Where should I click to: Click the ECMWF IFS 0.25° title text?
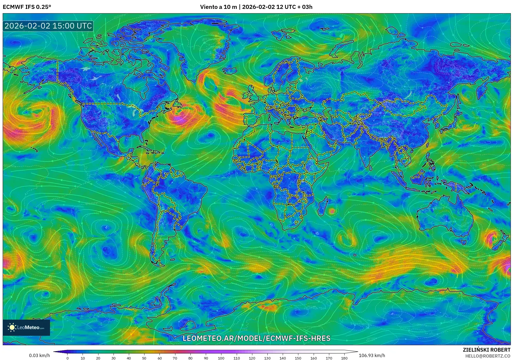click(27, 7)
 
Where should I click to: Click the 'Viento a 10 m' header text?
click(218, 7)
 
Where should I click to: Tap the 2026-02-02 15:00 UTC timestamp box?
click(48, 26)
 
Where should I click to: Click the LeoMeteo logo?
click(26, 327)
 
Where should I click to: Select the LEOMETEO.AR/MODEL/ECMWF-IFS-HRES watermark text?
click(256, 338)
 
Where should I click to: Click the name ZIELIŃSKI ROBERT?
click(486, 350)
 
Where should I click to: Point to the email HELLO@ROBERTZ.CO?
click(488, 356)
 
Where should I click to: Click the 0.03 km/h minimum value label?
click(40, 355)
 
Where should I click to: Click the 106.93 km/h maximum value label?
click(372, 355)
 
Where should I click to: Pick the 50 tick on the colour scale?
click(144, 358)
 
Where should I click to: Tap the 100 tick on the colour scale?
click(221, 358)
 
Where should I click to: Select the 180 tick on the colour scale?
click(344, 358)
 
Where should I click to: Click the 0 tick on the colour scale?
click(68, 358)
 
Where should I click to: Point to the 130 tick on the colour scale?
click(267, 358)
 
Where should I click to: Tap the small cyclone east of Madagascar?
click(332, 211)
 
